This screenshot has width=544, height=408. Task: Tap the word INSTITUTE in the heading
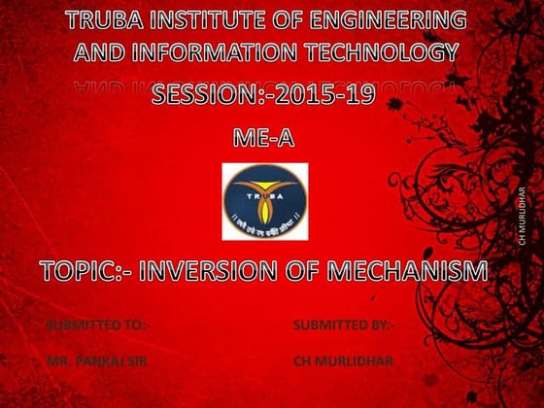pos(210,19)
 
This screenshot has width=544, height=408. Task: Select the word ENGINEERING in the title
pos(392,19)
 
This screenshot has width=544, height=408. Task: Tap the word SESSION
pos(210,95)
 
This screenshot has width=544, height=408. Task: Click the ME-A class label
pos(263,139)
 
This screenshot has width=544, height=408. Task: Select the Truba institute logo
pos(264,202)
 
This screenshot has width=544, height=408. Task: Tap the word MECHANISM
pos(408,271)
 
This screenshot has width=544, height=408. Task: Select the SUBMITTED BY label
pos(342,324)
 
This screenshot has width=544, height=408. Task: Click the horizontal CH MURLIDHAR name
pos(344,361)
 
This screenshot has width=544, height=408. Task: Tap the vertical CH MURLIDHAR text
pos(522,214)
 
